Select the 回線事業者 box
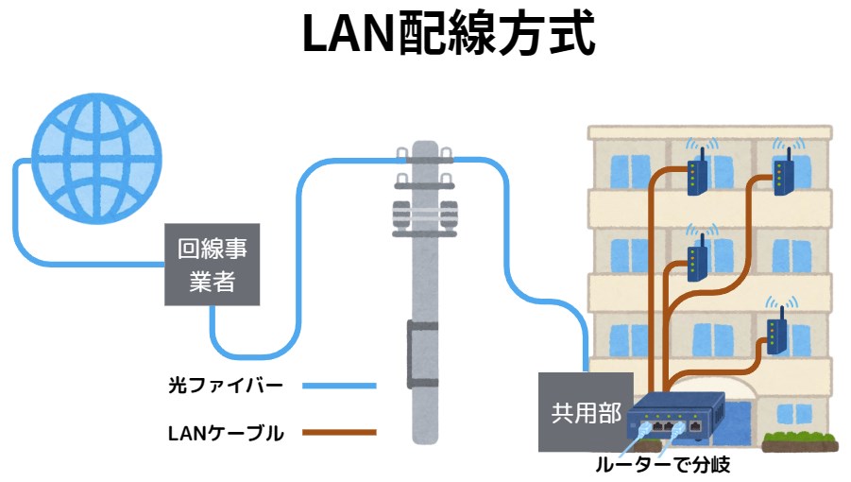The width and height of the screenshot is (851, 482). pos(213,265)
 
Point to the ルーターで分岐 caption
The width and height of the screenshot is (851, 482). pos(662,465)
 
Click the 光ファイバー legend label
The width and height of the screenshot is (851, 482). pos(226,386)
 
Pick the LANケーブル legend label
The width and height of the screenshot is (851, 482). pos(226,434)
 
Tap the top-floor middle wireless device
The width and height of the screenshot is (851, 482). pos(697,176)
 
